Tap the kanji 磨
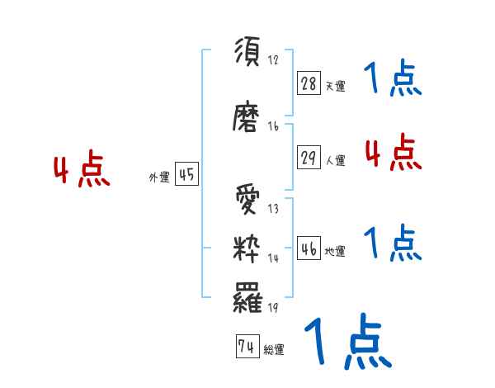pos(247,118)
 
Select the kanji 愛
pos(247,201)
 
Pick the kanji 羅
pos(247,296)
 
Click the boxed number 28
pos(309,83)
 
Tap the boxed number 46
pos(309,248)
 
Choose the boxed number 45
pos(186,175)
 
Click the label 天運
pos(336,86)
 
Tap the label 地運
pos(336,252)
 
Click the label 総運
pos(274,350)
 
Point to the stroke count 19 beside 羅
pos(273,308)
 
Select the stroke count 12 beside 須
pos(273,61)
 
